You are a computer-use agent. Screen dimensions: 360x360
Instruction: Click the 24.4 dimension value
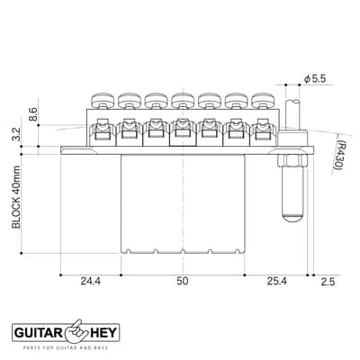tap(91, 281)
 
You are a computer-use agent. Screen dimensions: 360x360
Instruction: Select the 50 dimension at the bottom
tap(183, 281)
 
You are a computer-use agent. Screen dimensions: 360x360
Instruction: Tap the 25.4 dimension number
tap(277, 281)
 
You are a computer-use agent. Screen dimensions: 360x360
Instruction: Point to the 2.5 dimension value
tap(328, 282)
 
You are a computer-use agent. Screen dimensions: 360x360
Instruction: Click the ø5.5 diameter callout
tap(314, 79)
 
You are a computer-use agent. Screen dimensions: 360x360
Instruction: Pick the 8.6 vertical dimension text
tap(33, 114)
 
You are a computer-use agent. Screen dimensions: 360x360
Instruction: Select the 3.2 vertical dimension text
tap(16, 134)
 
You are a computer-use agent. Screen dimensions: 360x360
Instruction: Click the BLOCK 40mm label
tap(16, 197)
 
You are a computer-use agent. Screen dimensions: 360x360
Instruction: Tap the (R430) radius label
tap(338, 155)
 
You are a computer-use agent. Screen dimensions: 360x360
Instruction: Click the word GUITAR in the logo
tap(38, 333)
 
